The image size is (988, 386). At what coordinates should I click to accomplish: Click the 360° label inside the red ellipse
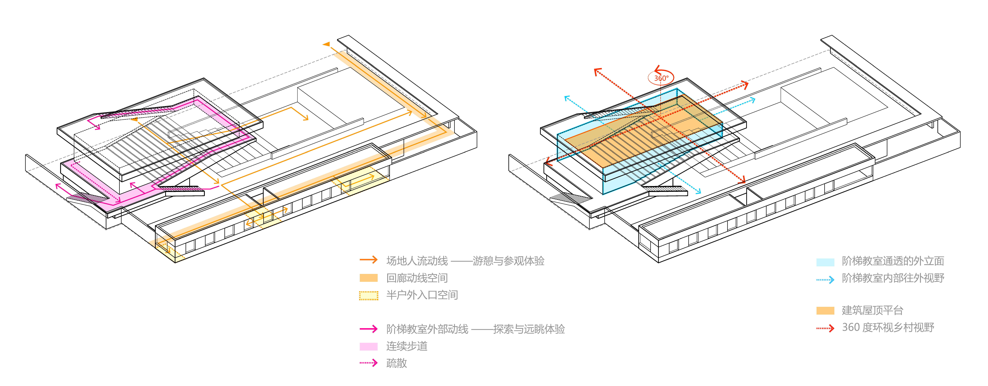pos(661,78)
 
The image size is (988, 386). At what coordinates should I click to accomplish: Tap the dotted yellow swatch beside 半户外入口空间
pos(369,295)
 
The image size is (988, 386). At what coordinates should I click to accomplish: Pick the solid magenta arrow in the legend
pos(369,329)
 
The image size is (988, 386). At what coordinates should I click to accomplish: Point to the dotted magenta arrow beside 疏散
pos(369,363)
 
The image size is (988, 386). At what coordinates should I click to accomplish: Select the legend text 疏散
pos(396,363)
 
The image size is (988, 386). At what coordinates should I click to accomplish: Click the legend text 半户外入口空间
pos(422,295)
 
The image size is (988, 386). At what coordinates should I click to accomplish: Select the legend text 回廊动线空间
pos(417,278)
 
